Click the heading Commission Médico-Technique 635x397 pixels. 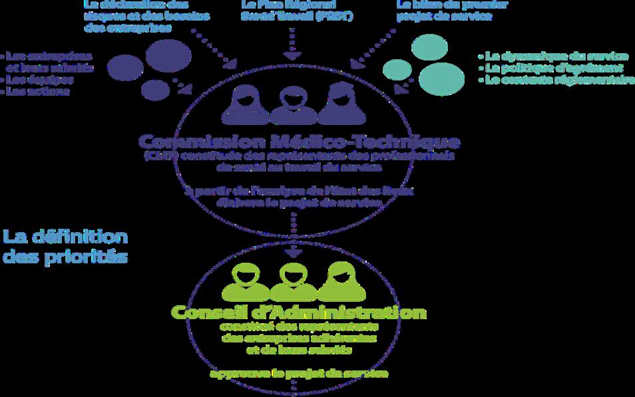tap(298, 142)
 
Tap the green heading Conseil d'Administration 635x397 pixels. tap(298, 312)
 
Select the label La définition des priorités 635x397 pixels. tap(65, 246)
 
